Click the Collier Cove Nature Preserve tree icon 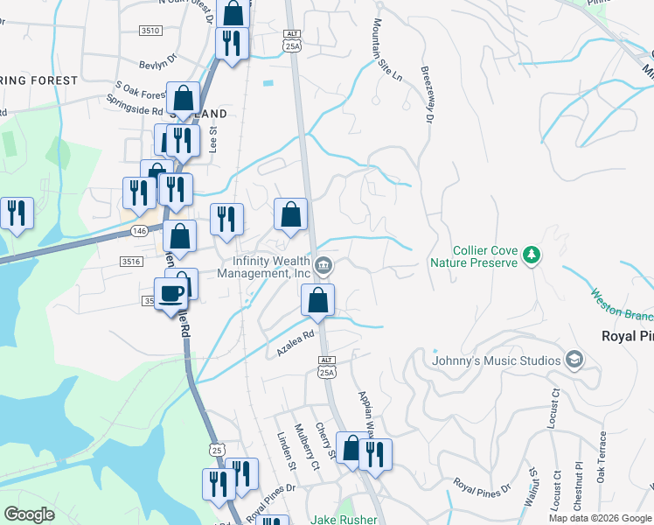[530, 255]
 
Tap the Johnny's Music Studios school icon [574, 360]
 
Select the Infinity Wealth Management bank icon [323, 264]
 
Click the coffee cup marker [170, 293]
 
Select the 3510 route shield [150, 30]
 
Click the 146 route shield [140, 231]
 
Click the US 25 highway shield [216, 449]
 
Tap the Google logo [30, 514]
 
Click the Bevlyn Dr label [157, 63]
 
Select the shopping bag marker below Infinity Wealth [318, 300]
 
